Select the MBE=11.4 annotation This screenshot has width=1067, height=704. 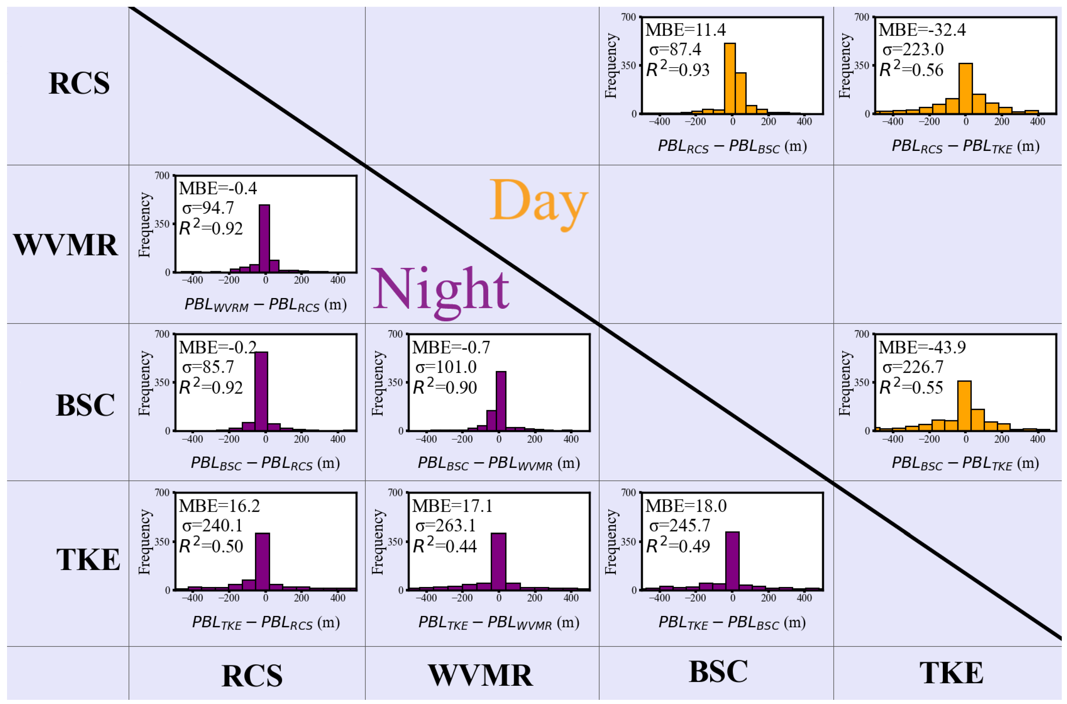coord(685,30)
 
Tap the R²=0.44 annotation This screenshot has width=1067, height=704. coord(444,546)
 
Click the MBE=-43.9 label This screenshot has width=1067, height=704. coord(922,348)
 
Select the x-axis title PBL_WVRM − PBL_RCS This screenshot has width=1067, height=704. coord(265,305)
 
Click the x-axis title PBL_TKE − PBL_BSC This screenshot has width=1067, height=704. coord(732,622)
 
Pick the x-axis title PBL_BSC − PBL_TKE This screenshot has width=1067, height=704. coord(965,463)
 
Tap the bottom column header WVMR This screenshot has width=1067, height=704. coord(480,675)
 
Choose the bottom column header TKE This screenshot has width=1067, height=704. coord(951,672)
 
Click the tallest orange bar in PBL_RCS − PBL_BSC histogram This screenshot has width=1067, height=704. coord(730,79)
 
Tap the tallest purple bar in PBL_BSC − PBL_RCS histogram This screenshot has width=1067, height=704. coord(261,391)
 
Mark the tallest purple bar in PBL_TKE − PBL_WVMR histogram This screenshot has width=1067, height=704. coord(498,561)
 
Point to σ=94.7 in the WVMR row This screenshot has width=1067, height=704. coord(208,208)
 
